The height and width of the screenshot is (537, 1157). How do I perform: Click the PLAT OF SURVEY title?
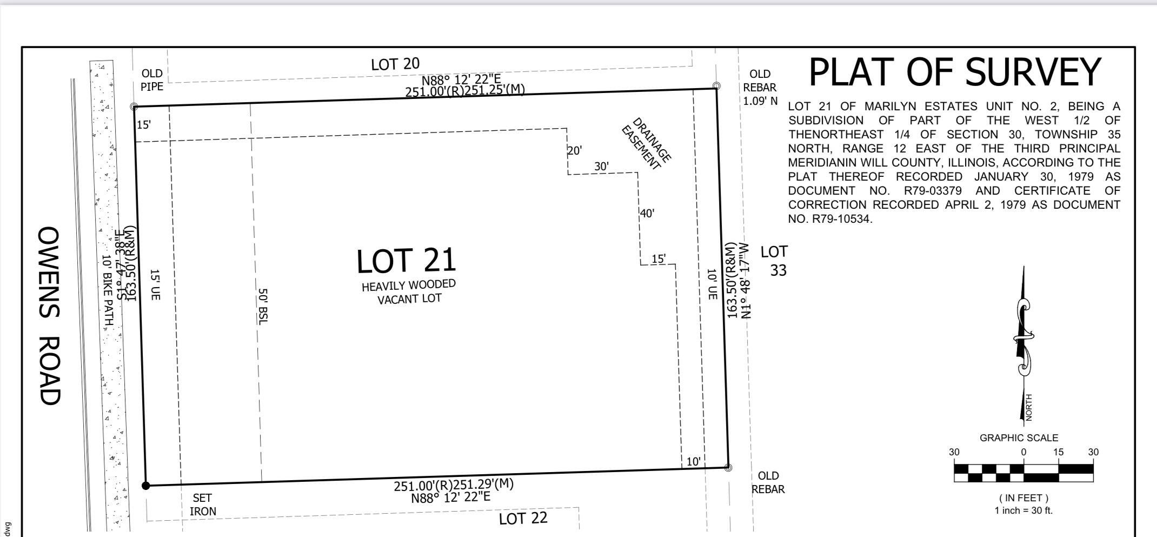tap(954, 72)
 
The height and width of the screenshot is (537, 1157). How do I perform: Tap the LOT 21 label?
tap(407, 260)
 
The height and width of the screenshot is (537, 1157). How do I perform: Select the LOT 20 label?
tap(395, 64)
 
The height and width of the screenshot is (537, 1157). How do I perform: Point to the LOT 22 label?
tap(523, 519)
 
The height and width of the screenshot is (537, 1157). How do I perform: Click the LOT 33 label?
tap(774, 261)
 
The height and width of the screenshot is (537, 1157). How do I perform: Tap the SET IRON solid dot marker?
tap(145, 486)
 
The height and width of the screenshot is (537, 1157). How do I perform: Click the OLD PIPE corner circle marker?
tap(134, 107)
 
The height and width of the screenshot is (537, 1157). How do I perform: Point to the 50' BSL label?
tap(262, 307)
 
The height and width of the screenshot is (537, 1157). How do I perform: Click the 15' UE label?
tap(155, 285)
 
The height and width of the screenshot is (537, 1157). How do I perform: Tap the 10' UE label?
tap(712, 284)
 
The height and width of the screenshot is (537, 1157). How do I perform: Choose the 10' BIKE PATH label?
tap(108, 290)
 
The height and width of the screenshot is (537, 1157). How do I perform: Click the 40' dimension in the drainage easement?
tap(647, 213)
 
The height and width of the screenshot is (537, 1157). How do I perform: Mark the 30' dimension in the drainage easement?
tap(602, 167)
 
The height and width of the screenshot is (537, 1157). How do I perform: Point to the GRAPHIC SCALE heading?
tap(1019, 438)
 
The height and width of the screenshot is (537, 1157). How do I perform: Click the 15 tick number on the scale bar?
tap(1058, 452)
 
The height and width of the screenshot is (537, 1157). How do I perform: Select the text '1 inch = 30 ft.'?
tap(1023, 511)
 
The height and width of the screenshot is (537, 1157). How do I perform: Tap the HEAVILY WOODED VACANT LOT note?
tap(409, 292)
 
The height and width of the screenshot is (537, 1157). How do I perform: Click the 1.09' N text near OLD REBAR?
tap(760, 101)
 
